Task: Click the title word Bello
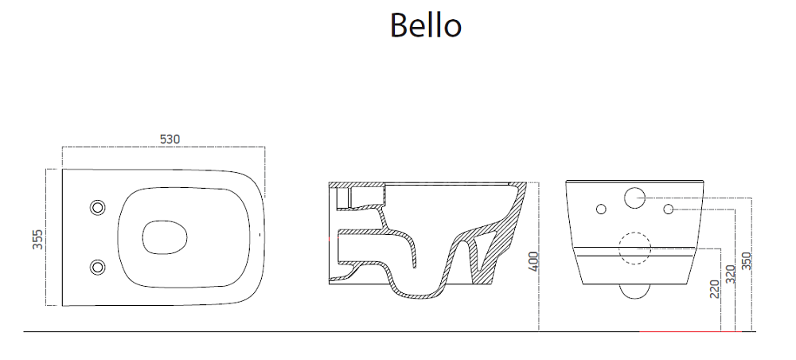[425, 25]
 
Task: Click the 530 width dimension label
[170, 139]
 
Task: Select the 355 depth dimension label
[37, 239]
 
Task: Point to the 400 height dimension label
[533, 261]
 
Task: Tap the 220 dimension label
[716, 289]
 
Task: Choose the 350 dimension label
[746, 261]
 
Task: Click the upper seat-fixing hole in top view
[97, 207]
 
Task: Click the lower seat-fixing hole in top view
[97, 267]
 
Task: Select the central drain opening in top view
[165, 237]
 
